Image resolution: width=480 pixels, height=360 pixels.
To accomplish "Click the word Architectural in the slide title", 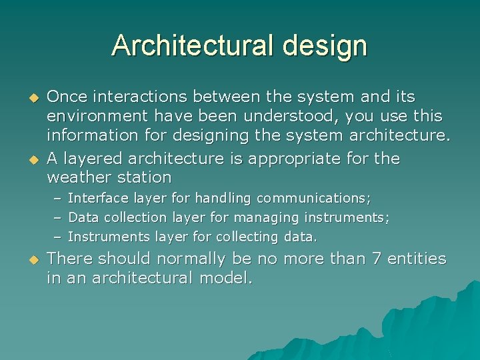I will pos(193,45).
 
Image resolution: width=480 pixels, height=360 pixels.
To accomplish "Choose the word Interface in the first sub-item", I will pos(99,198).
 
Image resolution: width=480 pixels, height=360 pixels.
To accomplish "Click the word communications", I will pos(313,198).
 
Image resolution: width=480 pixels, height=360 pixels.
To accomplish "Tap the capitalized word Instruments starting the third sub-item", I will pos(109,237).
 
